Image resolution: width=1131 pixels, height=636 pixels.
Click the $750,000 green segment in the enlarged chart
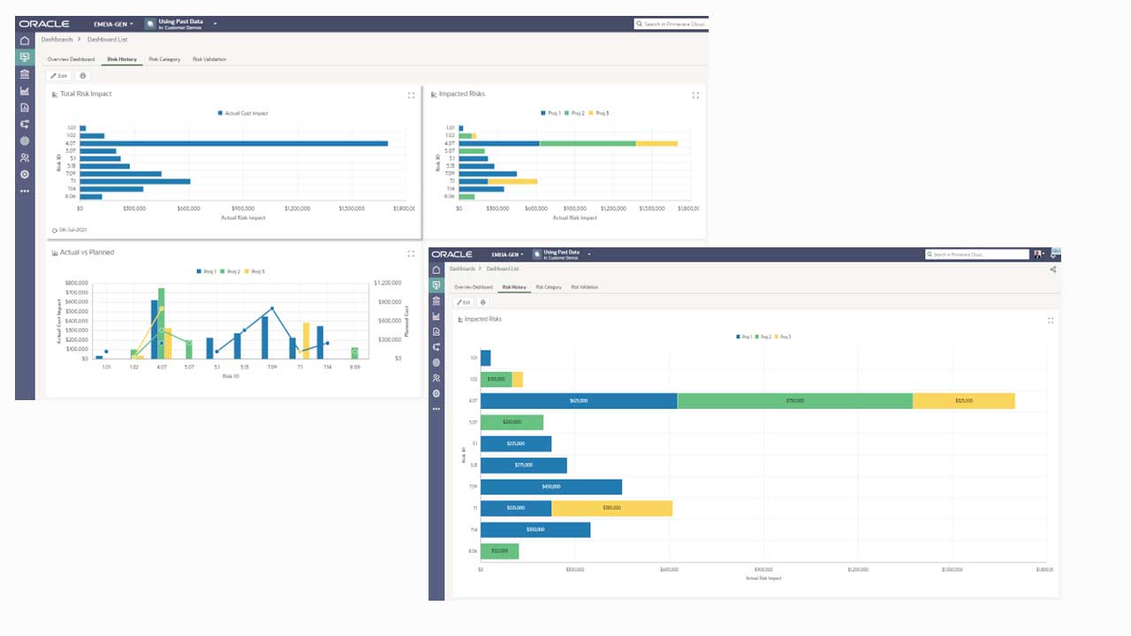794,400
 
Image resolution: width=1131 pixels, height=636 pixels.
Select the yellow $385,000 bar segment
611,508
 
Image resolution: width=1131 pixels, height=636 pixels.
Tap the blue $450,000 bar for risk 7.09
550,487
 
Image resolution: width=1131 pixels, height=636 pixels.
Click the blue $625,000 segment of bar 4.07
579,400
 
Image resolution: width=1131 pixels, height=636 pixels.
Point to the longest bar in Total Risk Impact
234,143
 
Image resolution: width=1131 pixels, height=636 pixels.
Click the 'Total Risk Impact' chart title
86,94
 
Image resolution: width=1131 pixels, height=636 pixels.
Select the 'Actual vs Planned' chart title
87,253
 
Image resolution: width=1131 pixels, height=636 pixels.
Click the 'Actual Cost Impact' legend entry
246,113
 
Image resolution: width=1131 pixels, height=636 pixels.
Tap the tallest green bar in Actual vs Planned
161,322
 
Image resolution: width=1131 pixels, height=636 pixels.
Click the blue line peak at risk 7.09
272,309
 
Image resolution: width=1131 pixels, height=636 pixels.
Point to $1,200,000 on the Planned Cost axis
387,283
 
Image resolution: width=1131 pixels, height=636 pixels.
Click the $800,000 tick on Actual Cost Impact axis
77,283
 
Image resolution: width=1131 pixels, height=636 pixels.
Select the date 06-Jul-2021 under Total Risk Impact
72,230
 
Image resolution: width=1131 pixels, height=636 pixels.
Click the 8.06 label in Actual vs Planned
354,366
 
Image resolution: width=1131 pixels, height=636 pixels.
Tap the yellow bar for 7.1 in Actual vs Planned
307,340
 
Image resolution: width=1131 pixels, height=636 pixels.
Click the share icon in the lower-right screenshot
1052,269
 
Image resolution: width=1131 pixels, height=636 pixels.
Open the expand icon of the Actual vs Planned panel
411,254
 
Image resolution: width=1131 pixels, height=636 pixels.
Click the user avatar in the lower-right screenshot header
1037,254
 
